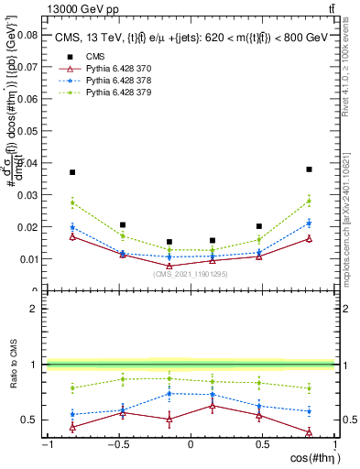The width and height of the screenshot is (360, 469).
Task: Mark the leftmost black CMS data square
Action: [x=72, y=172]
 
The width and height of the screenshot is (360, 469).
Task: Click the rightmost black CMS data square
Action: [x=310, y=169]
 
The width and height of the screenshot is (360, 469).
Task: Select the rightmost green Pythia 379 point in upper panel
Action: [x=310, y=201]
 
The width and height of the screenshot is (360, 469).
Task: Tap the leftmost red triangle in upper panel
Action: [x=72, y=236]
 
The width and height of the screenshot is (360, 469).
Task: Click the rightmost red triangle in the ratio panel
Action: [x=310, y=432]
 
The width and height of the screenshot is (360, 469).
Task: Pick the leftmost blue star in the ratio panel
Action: [x=72, y=415]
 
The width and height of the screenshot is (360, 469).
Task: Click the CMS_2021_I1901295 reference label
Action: [x=190, y=274]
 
